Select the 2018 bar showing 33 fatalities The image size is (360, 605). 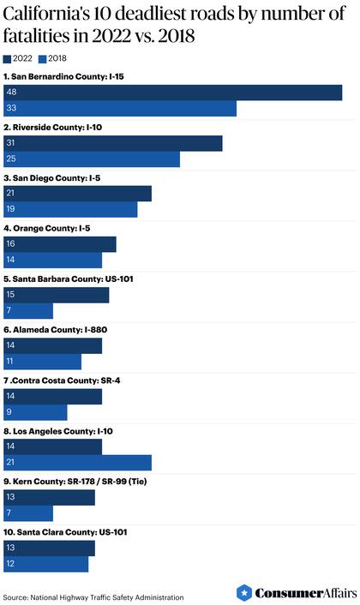(x=121, y=109)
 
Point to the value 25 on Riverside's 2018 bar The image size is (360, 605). (x=11, y=159)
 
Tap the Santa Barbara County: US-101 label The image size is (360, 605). (x=69, y=279)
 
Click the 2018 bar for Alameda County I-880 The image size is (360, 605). (x=43, y=362)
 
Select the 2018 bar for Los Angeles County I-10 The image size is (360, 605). (x=78, y=463)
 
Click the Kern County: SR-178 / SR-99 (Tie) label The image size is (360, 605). (x=80, y=481)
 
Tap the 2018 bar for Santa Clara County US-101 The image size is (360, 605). (x=46, y=564)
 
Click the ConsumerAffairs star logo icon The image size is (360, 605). (x=245, y=593)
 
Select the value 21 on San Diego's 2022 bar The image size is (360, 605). (x=11, y=194)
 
